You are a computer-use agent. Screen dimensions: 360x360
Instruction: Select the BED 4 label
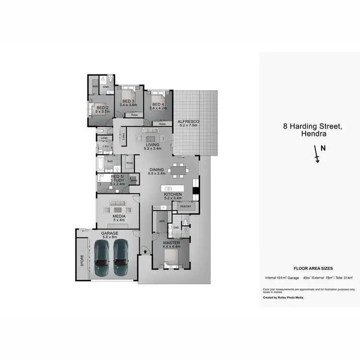(x=159, y=105)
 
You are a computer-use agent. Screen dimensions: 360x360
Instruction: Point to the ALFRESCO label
(x=188, y=121)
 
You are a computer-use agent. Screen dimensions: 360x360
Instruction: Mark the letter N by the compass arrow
(x=323, y=148)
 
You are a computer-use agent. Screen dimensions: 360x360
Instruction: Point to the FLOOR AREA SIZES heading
(x=313, y=269)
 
